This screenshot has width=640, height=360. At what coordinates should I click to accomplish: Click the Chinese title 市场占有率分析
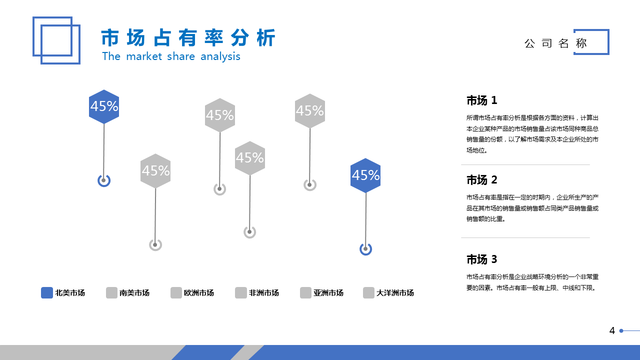click(188, 37)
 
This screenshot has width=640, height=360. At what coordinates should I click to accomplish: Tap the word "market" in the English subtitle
click(144, 56)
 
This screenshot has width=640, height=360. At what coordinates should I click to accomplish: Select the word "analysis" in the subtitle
click(220, 57)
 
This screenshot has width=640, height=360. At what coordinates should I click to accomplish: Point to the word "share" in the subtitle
click(181, 56)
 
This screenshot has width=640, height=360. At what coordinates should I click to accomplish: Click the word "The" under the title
click(111, 56)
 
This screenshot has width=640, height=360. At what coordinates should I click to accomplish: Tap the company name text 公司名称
click(555, 43)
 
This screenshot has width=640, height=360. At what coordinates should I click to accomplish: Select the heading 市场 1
click(481, 100)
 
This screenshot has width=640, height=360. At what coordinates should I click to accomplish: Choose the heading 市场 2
click(481, 180)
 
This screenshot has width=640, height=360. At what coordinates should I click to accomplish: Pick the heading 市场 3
click(481, 259)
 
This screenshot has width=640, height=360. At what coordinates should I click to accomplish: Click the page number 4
click(611, 330)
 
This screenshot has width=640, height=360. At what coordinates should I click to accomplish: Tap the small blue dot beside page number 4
click(621, 331)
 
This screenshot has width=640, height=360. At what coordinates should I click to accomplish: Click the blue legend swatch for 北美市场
click(47, 293)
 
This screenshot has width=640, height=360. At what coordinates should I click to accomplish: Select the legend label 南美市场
click(134, 293)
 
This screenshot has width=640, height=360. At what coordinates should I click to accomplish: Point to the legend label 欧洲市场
click(199, 293)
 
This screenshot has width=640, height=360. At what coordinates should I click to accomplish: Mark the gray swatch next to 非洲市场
click(241, 293)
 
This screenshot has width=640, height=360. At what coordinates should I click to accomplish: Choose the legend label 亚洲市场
click(328, 293)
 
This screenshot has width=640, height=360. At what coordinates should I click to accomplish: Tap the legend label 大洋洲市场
click(395, 293)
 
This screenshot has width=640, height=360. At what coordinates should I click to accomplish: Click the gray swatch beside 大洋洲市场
click(368, 293)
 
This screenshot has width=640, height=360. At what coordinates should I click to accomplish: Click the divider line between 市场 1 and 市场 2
click(525, 165)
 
